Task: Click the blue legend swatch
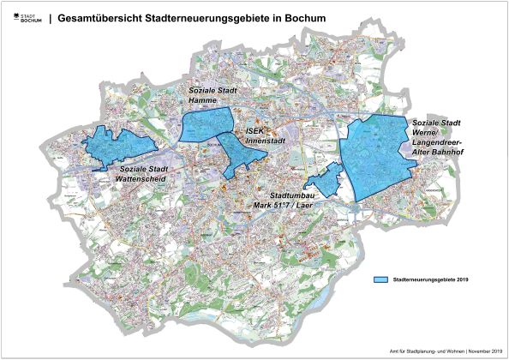click(382, 279)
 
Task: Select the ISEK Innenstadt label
click(265, 136)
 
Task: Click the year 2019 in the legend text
click(463, 279)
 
